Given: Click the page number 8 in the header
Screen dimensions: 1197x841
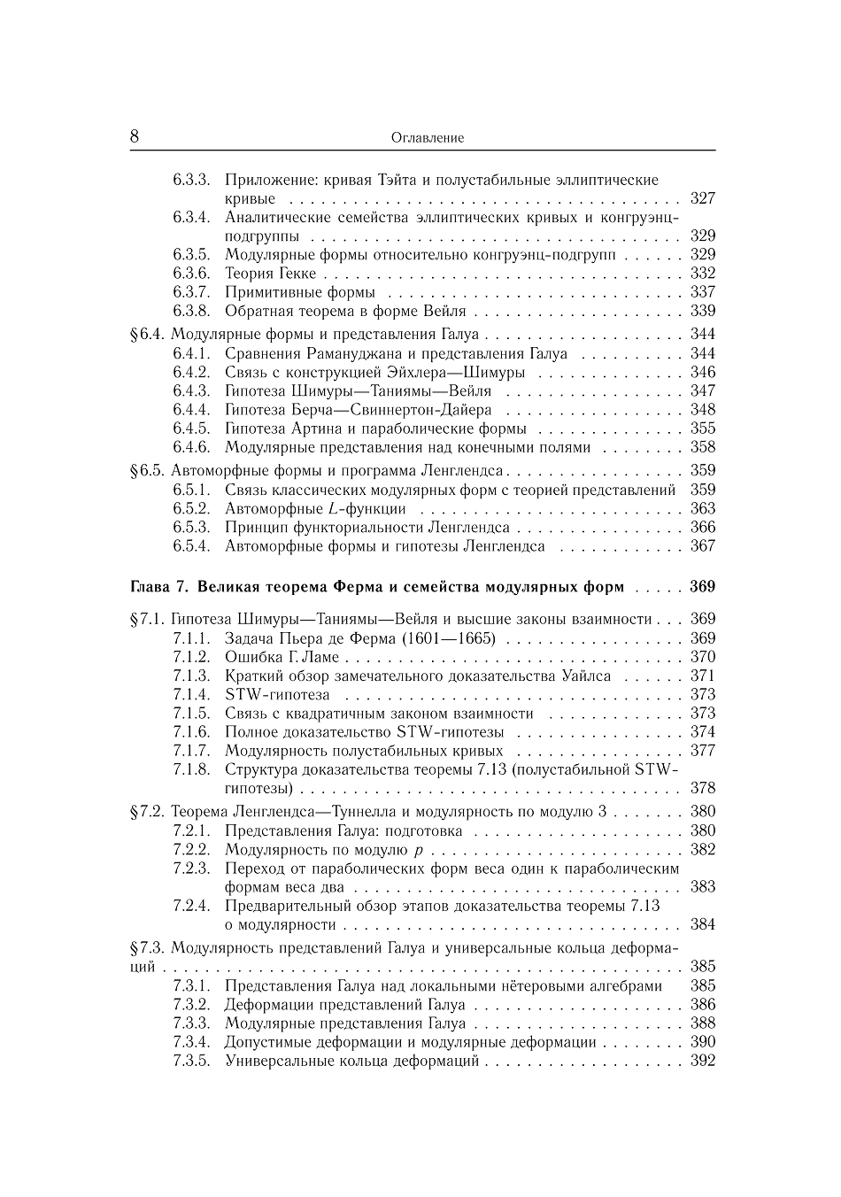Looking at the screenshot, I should [x=135, y=136].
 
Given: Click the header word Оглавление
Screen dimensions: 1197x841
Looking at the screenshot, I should [x=427, y=138].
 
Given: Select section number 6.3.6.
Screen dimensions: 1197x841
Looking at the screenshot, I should [x=191, y=273].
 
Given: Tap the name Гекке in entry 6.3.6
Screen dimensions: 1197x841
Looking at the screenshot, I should [x=297, y=273].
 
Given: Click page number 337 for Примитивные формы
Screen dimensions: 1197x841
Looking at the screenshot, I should [x=702, y=291].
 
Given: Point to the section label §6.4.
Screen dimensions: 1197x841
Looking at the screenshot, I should [x=147, y=334].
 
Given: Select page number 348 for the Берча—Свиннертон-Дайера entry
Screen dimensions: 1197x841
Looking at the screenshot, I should [x=702, y=409].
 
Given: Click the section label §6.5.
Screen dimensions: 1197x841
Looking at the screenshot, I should [x=147, y=470].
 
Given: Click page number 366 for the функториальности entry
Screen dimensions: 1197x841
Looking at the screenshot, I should [x=702, y=527].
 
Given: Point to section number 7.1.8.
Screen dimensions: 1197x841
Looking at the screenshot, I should [x=191, y=768].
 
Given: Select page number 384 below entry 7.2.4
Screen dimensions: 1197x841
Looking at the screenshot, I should [x=702, y=924].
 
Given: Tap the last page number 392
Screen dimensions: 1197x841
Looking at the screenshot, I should [x=702, y=1061].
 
